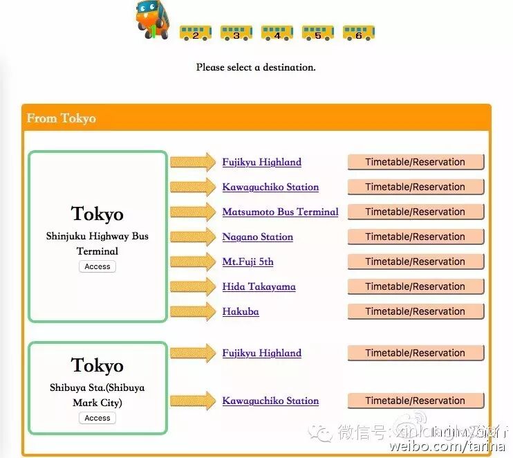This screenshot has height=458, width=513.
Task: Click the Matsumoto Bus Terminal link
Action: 280,212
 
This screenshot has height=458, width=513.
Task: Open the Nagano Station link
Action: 257,237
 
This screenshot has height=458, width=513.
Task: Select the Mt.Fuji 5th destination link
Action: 248,262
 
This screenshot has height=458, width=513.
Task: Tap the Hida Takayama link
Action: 259,286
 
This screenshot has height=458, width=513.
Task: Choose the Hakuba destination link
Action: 241,311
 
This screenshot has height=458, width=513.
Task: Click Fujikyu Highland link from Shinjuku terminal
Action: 261,162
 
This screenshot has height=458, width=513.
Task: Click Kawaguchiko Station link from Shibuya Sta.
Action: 270,401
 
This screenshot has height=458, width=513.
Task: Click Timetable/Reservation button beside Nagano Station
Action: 415,237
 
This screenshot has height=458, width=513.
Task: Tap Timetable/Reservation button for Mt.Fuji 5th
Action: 415,262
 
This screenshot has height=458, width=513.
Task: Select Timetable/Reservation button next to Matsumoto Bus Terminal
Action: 415,212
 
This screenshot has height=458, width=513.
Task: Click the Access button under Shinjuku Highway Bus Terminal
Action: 97,266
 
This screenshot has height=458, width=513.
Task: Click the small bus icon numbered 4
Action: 277,33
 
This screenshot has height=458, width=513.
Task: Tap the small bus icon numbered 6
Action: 358,33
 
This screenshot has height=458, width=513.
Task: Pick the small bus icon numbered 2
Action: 195,33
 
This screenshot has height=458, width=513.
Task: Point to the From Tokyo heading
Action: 62,118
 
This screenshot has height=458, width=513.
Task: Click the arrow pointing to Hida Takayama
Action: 193,286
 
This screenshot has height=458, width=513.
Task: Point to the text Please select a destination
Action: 256,68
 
